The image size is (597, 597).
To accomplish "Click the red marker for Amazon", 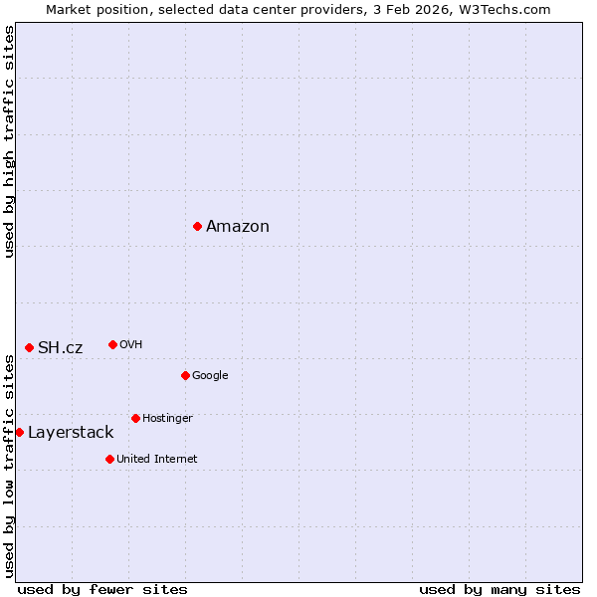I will [198, 227].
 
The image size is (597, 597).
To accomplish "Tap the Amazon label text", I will [238, 227].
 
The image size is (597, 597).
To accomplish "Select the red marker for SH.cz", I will [30, 347].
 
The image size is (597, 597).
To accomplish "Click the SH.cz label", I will [61, 347].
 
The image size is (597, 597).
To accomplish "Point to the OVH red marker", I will [112, 344].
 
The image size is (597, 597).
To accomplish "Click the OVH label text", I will [131, 345].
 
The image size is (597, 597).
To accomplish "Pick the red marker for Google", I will [186, 375].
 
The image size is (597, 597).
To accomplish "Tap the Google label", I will [210, 375].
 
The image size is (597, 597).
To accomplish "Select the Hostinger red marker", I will [135, 418].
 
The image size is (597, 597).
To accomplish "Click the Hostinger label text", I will [167, 418].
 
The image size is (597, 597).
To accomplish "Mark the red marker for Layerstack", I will [20, 432].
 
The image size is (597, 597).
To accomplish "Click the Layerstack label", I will [71, 432].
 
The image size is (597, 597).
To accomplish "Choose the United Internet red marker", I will [109, 459].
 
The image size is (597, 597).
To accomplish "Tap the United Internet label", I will [157, 459].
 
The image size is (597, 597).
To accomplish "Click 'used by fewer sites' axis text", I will [102, 589].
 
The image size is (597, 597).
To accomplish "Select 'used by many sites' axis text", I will [499, 589].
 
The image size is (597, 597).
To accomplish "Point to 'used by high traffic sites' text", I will [10, 141].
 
